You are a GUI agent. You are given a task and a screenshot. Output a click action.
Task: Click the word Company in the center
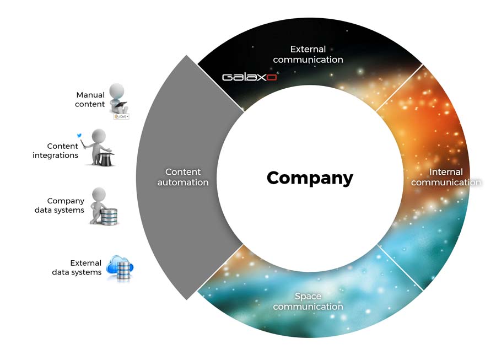tap(310, 178)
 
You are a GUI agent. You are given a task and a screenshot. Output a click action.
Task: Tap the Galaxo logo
tap(250, 77)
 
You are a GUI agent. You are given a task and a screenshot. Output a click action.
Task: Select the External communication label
tap(308, 55)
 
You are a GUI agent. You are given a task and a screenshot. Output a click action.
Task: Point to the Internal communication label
tap(446, 177)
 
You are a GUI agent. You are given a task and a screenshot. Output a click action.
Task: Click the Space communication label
tap(308, 301)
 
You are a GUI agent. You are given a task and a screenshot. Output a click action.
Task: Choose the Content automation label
tap(183, 177)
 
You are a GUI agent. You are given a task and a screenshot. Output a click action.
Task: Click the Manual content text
tap(90, 99)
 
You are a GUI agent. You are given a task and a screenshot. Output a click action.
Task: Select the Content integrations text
tap(55, 151)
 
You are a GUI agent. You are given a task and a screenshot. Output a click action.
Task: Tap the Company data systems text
tap(60, 205)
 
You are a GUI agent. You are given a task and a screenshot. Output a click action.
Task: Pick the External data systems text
tap(77, 267)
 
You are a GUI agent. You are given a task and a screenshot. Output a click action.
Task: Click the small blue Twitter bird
tap(79, 136)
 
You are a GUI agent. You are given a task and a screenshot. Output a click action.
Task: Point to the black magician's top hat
tap(106, 159)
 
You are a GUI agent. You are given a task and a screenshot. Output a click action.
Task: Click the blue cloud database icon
tap(120, 267)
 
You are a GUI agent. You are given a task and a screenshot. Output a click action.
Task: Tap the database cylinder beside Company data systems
tap(109, 216)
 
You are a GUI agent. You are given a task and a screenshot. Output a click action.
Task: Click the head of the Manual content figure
tap(117, 91)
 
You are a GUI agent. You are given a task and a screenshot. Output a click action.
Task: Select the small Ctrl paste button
tap(121, 116)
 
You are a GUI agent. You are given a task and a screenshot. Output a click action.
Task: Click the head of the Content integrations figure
tap(99, 136)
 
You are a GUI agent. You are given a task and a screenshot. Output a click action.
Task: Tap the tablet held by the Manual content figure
tap(121, 104)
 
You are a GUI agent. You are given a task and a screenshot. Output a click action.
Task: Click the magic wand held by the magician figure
tap(83, 144)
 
